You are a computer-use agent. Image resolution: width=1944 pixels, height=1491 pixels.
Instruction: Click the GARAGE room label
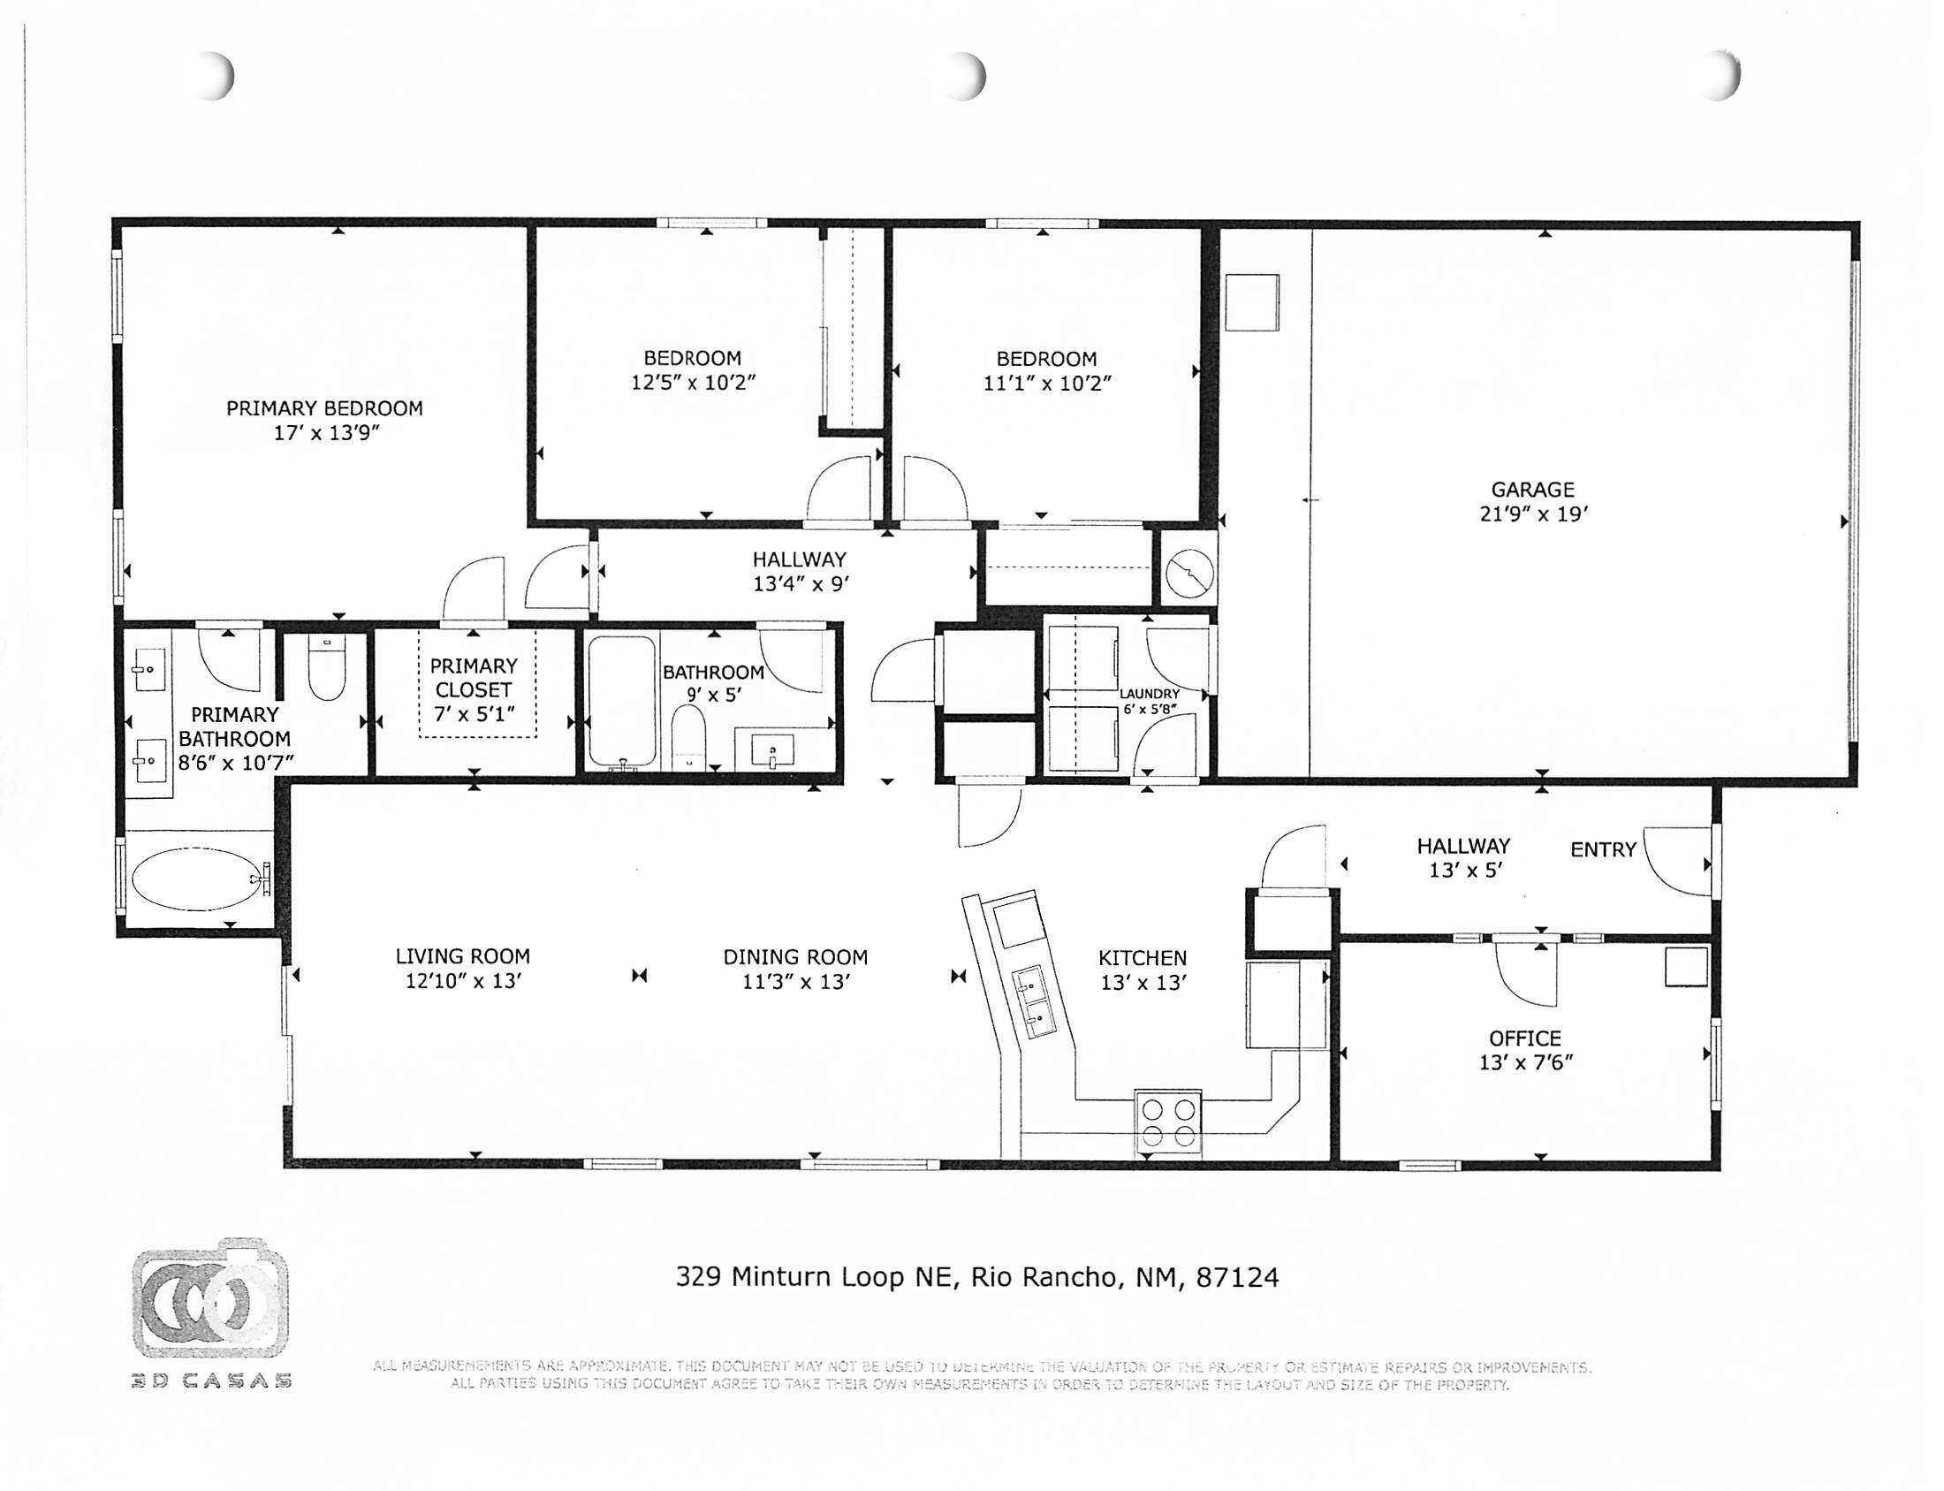tap(1531, 489)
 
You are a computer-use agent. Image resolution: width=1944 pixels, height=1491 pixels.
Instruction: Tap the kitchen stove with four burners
tap(1167, 1122)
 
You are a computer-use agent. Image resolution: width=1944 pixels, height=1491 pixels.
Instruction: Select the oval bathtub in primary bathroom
tap(194, 879)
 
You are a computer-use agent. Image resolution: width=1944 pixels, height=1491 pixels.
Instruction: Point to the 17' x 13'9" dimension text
tap(326, 433)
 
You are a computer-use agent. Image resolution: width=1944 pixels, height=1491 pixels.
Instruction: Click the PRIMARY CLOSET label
tap(473, 677)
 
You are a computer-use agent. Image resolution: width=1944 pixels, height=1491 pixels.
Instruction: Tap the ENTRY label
tap(1602, 849)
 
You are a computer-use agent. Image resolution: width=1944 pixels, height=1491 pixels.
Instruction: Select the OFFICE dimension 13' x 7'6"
tap(1524, 1062)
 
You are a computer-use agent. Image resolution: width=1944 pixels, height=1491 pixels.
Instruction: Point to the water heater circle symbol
tap(1188, 574)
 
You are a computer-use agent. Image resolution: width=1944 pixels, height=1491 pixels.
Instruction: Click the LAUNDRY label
tap(1149, 694)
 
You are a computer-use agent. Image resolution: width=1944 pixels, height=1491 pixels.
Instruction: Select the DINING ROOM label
tap(795, 956)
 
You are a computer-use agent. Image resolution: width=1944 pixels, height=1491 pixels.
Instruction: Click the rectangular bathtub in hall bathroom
tap(621, 702)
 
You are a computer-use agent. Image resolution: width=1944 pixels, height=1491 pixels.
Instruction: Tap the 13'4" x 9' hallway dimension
tap(801, 584)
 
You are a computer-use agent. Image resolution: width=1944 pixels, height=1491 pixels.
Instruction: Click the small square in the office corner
tap(1685, 967)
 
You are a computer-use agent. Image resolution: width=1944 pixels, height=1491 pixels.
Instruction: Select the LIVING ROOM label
tap(462, 955)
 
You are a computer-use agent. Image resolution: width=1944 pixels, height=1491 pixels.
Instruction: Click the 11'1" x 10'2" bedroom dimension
tap(1046, 384)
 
